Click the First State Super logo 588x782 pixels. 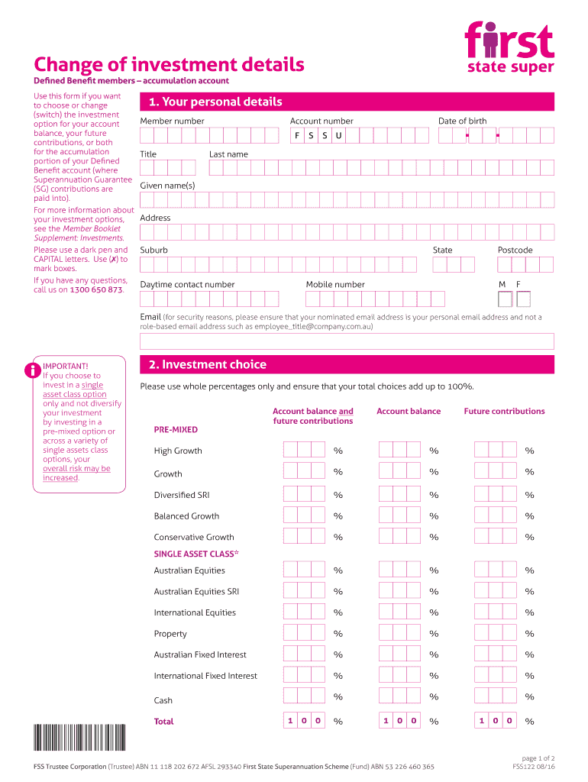point(509,50)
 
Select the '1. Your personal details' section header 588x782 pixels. point(215,102)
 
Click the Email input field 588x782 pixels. point(347,341)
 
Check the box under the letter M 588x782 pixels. point(503,299)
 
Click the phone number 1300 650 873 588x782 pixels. point(95,290)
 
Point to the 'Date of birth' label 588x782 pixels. point(462,121)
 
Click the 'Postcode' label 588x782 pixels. point(515,250)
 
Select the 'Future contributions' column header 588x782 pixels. point(504,411)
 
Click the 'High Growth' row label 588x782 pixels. point(178,451)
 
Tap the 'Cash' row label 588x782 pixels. point(163,700)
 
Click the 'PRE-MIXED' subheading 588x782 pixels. point(176,430)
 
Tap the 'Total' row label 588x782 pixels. point(163,722)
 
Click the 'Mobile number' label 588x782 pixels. point(335,284)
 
